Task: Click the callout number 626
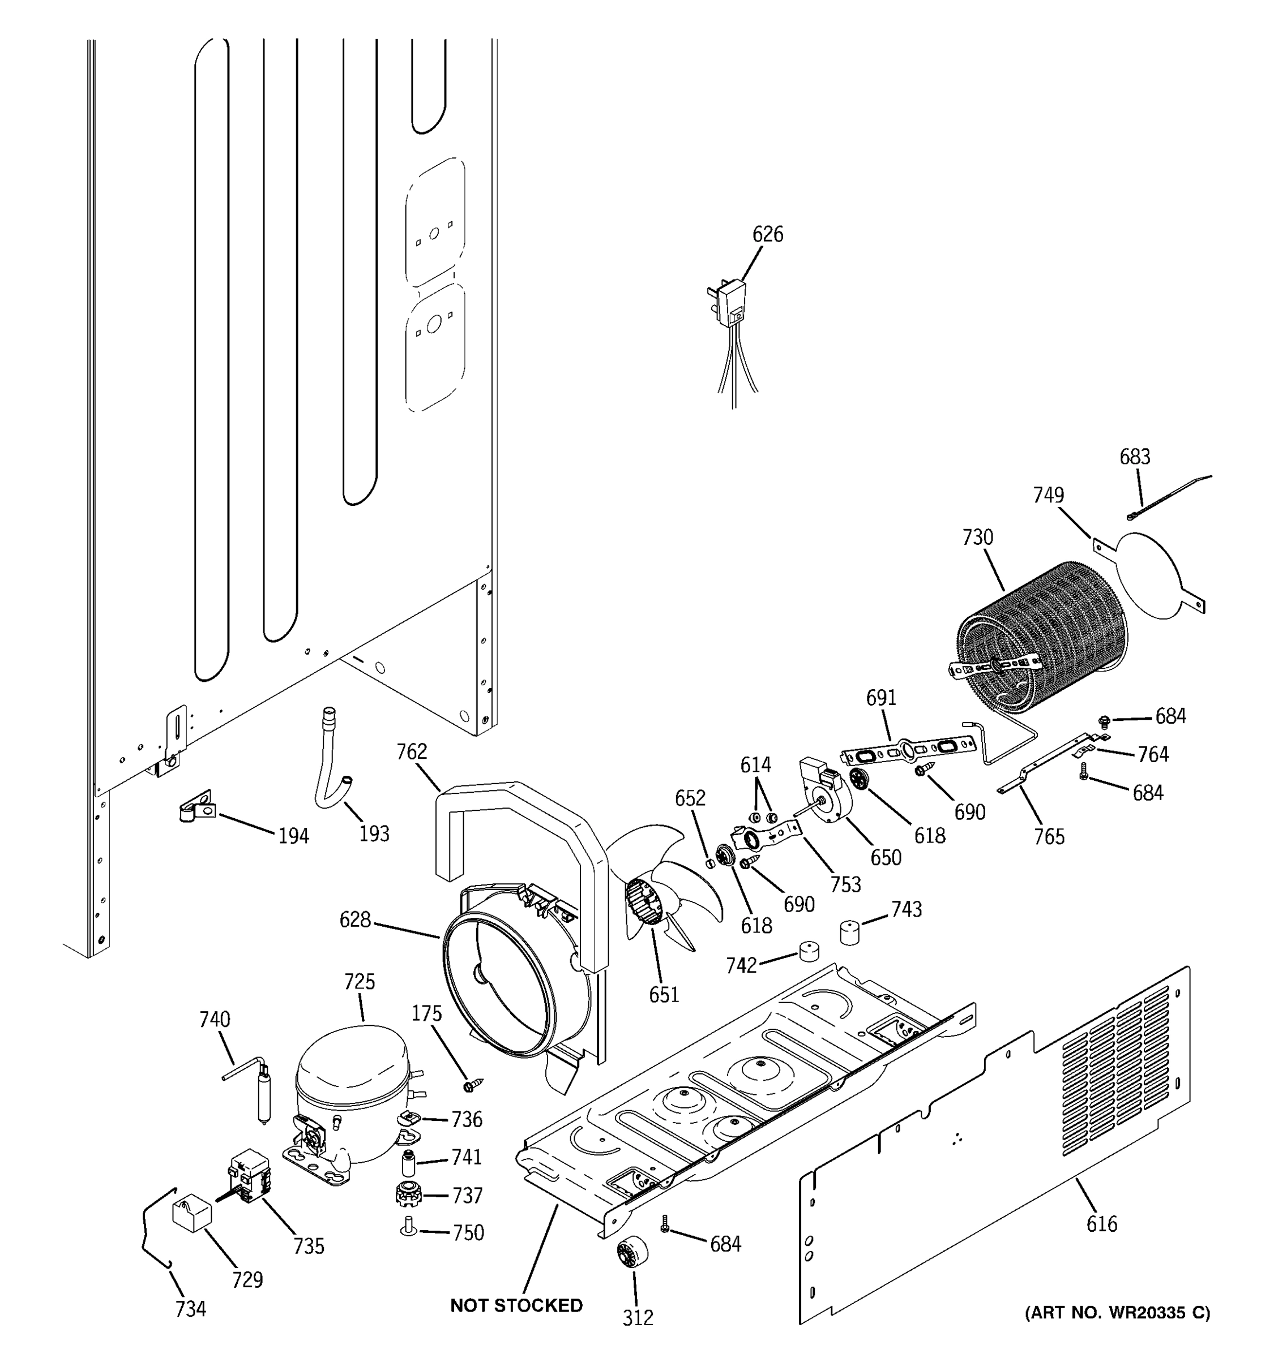tap(768, 234)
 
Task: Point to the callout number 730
tap(977, 538)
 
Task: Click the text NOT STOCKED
tap(516, 1305)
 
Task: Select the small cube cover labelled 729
tap(191, 1213)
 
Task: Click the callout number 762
tap(412, 751)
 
